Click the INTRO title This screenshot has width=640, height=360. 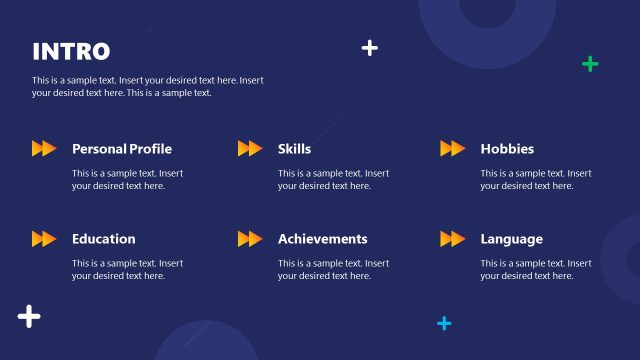[x=71, y=52]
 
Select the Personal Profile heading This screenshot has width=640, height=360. [x=122, y=149]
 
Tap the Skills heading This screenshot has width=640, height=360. [x=294, y=149]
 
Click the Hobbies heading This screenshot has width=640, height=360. [x=507, y=149]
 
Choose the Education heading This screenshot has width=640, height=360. [x=103, y=239]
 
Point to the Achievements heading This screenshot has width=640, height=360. [x=322, y=239]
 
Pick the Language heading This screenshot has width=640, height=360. [x=511, y=239]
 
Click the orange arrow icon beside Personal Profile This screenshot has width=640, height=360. [x=44, y=149]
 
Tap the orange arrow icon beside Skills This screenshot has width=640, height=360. [x=250, y=149]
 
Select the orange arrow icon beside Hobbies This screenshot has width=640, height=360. [x=453, y=149]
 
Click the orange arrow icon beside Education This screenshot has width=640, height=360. [x=44, y=239]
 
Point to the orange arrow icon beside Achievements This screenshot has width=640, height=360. [x=250, y=239]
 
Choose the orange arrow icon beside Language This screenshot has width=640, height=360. [x=453, y=239]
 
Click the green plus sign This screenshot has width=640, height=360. [x=590, y=64]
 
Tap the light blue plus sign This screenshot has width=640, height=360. [x=444, y=323]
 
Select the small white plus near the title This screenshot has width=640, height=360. [x=370, y=47]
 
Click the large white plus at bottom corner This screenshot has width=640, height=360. [x=29, y=317]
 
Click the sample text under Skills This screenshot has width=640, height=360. [x=333, y=179]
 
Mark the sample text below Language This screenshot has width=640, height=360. [x=535, y=269]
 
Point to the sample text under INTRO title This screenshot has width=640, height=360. [x=148, y=86]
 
